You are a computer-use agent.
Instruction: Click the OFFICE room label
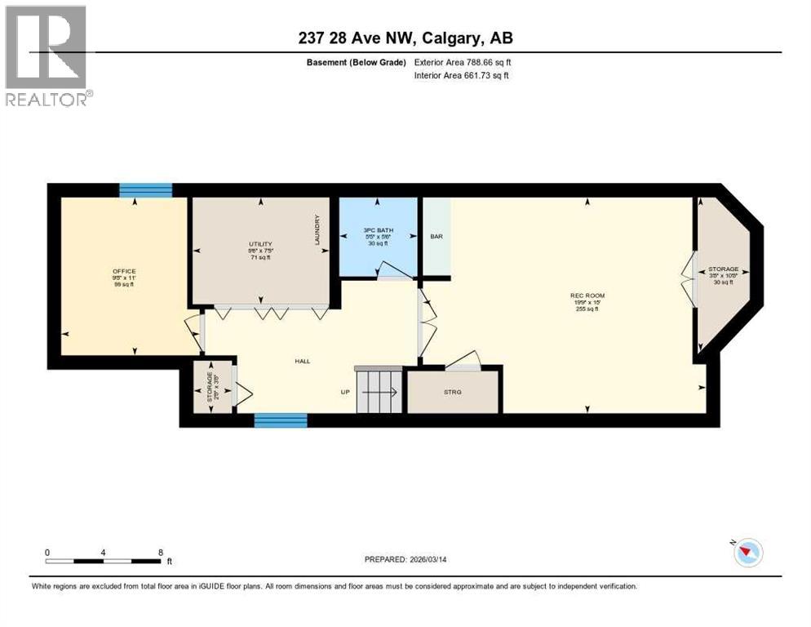pyautogui.click(x=124, y=271)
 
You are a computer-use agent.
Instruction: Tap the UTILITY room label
pyautogui.click(x=260, y=243)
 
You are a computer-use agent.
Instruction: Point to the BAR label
pyautogui.click(x=436, y=237)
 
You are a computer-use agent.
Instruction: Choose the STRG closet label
pyautogui.click(x=453, y=393)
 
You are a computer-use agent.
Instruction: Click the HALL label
pyautogui.click(x=303, y=361)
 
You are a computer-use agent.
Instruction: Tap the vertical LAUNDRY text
pyautogui.click(x=318, y=231)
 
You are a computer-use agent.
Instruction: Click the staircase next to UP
pyautogui.click(x=380, y=392)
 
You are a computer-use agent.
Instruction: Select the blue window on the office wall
pyautogui.click(x=145, y=190)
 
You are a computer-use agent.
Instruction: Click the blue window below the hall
pyautogui.click(x=280, y=420)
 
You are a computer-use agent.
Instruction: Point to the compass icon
pyautogui.click(x=747, y=553)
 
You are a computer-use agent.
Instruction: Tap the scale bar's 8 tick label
pyautogui.click(x=160, y=552)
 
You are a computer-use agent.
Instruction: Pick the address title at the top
pyautogui.click(x=405, y=38)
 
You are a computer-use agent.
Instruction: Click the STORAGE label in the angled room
pyautogui.click(x=723, y=269)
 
